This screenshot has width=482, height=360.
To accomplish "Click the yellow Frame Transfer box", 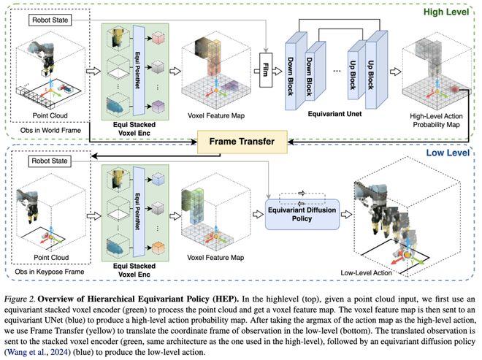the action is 242,142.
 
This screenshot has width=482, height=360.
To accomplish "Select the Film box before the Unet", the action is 266,70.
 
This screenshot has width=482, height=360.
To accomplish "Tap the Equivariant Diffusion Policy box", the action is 302,214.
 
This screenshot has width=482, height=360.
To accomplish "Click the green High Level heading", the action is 446,12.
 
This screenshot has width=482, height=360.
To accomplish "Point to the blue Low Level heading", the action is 448,153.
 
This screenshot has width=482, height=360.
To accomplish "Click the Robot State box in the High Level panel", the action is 50,20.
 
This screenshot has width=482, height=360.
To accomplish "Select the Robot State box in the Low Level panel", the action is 50,161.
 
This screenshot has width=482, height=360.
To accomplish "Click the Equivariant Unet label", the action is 334,114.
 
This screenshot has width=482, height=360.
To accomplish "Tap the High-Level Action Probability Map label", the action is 436,120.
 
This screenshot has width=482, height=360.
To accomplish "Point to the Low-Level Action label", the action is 366,272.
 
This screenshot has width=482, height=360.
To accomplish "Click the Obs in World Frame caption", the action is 50,131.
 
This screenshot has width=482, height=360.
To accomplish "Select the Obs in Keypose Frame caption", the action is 50,272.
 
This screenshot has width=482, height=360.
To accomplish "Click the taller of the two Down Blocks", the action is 296,71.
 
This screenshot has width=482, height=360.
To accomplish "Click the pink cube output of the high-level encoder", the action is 158,38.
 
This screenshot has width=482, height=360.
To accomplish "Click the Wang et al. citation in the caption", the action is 37,352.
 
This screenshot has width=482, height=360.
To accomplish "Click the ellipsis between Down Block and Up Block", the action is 337,71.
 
